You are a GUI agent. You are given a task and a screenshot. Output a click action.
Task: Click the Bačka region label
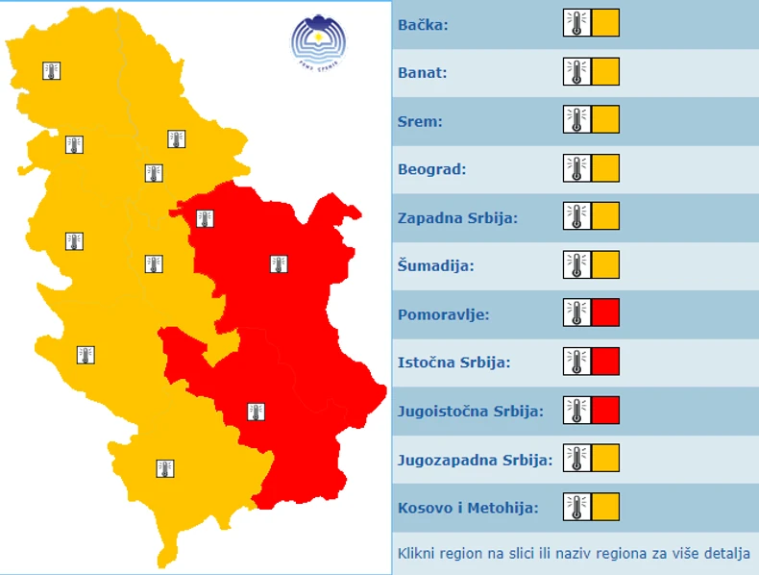coord(424,24)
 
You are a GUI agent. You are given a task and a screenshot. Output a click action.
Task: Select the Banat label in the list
coord(423,72)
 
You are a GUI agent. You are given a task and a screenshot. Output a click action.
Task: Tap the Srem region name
coord(419,121)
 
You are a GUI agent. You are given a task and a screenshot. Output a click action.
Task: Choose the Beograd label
coord(432,169)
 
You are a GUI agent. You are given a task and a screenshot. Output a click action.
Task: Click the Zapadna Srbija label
coord(457,218)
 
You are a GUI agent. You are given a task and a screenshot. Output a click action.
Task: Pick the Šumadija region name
coord(436,265)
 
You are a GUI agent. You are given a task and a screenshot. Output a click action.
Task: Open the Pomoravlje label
coord(444,314)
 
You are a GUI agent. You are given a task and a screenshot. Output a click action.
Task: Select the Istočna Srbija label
coord(453,362)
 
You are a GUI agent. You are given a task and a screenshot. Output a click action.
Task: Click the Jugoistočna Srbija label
coord(471,411)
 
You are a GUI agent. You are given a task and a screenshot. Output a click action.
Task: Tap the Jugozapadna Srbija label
coord(476,460)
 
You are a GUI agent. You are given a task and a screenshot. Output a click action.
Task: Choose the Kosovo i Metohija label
coord(468,508)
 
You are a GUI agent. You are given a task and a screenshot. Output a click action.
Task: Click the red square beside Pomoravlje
coord(605,312)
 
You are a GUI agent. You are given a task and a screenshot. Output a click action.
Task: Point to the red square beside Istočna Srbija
coord(605,361)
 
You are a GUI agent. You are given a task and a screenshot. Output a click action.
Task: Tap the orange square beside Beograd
coord(605,168)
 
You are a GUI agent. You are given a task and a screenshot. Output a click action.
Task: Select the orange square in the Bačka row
coord(605,23)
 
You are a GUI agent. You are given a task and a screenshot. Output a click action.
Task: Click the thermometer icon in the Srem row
coord(576,120)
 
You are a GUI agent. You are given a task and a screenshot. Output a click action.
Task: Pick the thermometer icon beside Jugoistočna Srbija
coord(576,410)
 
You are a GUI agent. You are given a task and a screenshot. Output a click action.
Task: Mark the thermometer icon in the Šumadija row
coord(576,264)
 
